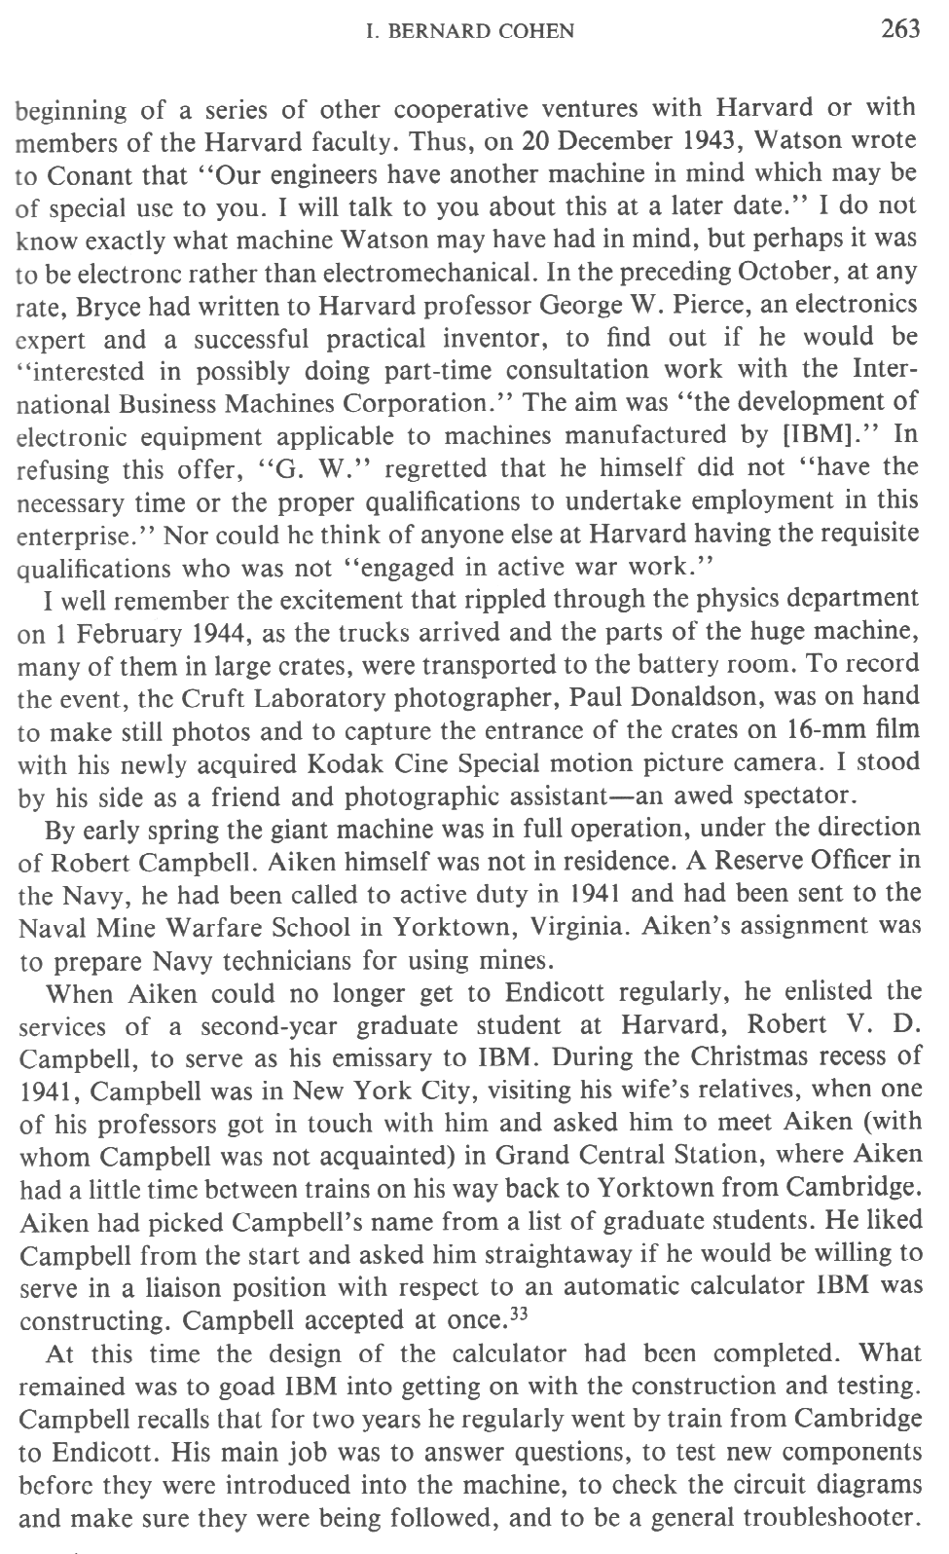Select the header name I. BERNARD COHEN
click(469, 32)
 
